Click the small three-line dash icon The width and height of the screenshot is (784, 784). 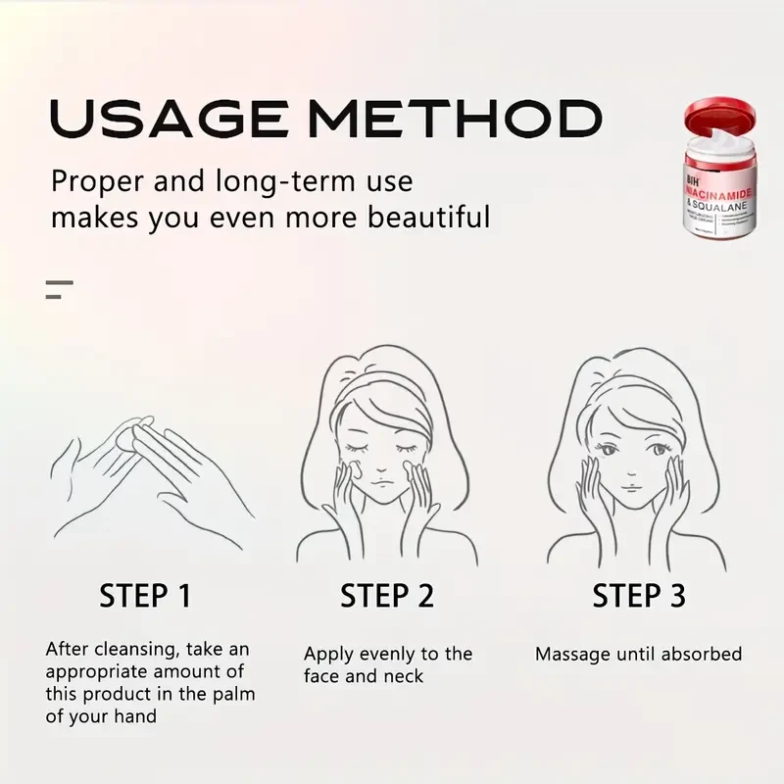(59, 289)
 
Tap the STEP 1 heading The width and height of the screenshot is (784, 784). (145, 595)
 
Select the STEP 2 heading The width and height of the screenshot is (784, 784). (387, 595)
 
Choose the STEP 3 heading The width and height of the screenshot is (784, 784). (638, 595)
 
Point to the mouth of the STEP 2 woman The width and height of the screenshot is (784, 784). (386, 482)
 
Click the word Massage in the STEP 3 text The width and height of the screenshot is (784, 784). (569, 654)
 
